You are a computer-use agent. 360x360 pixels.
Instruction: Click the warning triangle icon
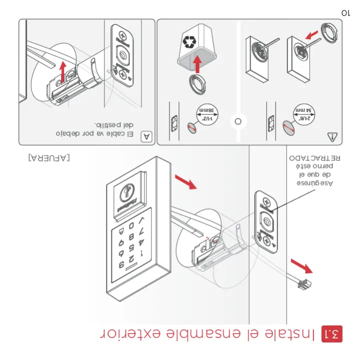point(332,136)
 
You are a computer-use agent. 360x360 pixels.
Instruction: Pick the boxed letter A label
point(146,136)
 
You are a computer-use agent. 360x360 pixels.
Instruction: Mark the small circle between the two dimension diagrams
point(238,121)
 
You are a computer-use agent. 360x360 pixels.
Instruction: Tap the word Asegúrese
point(314,183)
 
